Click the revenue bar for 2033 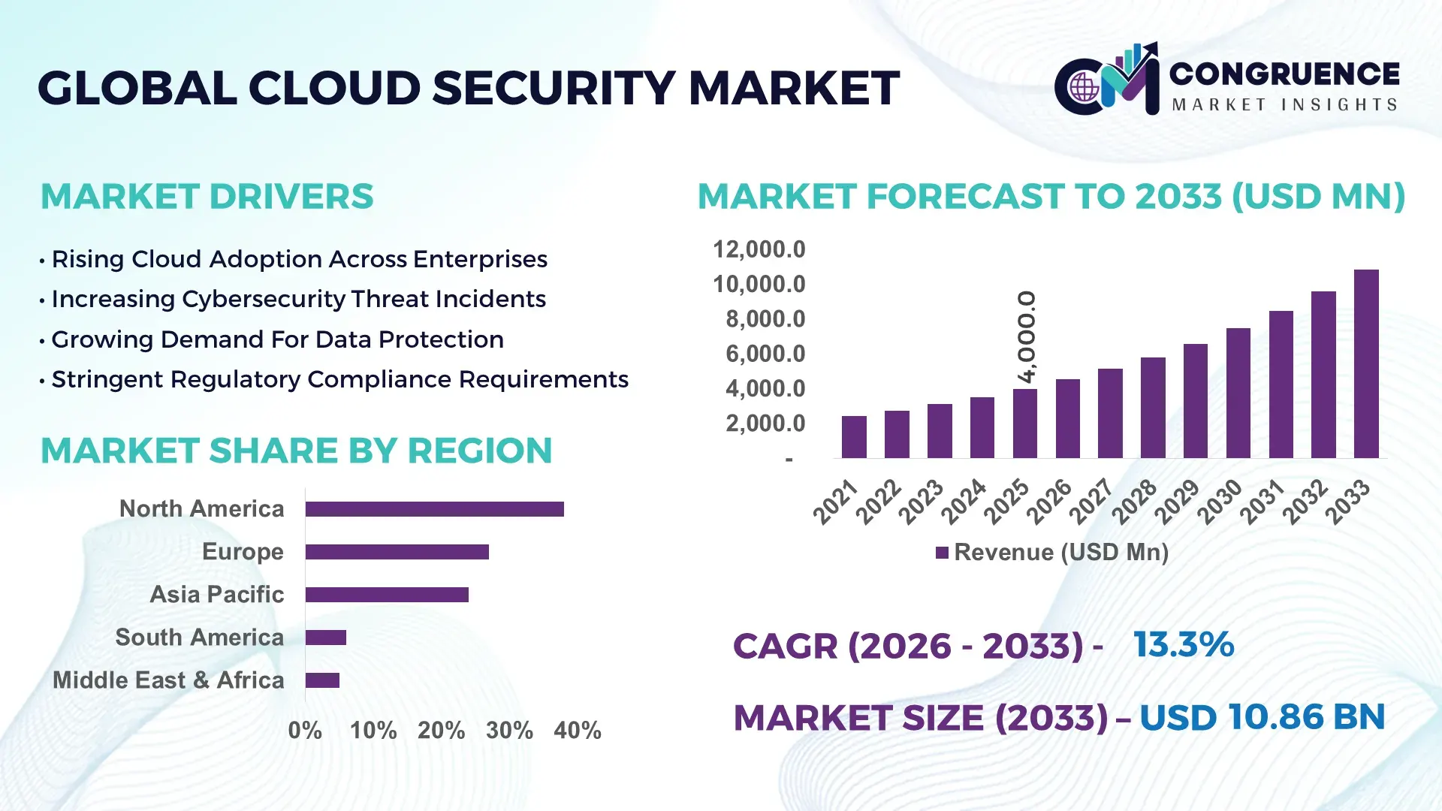click(x=1366, y=364)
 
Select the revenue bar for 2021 click(x=854, y=437)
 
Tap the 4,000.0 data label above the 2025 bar click(x=1026, y=337)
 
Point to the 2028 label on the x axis click(x=1134, y=501)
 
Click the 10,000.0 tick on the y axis click(x=759, y=285)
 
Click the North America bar click(x=434, y=509)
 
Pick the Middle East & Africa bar click(x=322, y=680)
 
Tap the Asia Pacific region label click(x=216, y=595)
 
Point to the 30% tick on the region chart click(x=509, y=731)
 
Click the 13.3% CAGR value click(x=1183, y=645)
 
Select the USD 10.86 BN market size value click(x=1262, y=717)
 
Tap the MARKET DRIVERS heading click(x=207, y=197)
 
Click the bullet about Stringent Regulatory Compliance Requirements click(x=339, y=380)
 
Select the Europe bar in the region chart click(x=397, y=552)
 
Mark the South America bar click(x=325, y=638)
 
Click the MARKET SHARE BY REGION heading click(x=296, y=451)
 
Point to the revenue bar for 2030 click(x=1238, y=393)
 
